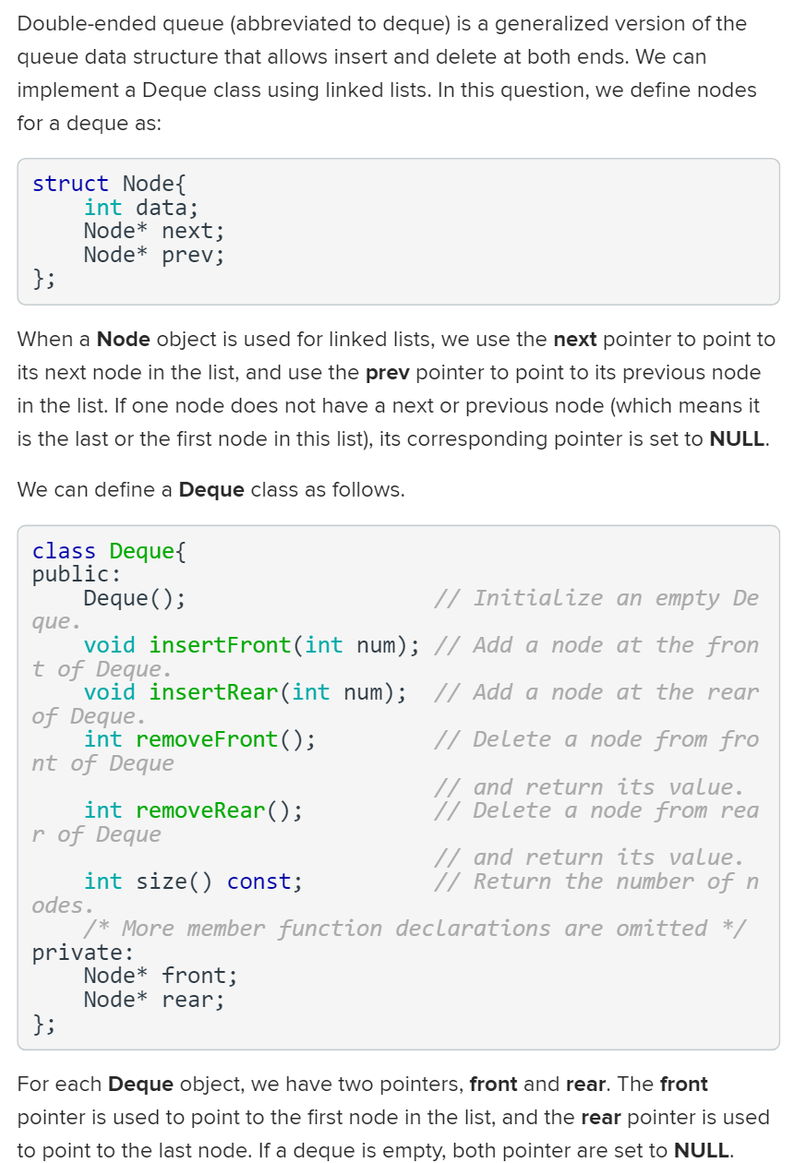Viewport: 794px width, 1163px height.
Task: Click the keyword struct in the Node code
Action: pos(70,184)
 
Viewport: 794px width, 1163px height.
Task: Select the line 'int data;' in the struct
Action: pos(140,208)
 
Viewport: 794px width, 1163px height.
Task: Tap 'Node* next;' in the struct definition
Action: pos(153,231)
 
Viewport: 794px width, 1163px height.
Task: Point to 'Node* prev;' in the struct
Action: pos(153,255)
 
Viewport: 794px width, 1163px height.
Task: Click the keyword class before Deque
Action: pos(64,551)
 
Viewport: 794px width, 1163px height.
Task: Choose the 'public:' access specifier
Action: pos(70,574)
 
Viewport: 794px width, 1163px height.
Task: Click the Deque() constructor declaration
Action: pos(134,598)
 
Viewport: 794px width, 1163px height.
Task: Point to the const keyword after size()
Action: pos(264,881)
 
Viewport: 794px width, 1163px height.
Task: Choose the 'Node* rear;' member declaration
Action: pos(153,1000)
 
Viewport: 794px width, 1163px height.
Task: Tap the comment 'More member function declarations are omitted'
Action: pos(415,929)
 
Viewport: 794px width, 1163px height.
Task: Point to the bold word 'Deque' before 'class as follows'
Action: pos(211,489)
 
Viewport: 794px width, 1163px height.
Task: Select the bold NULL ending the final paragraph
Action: pos(701,1150)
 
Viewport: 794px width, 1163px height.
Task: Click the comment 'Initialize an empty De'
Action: pos(596,598)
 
